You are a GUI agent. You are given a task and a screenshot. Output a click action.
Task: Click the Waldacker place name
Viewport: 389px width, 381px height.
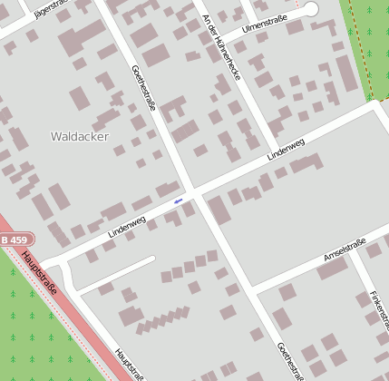point(80,136)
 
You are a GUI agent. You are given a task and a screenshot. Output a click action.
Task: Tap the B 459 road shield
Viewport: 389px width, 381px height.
point(14,239)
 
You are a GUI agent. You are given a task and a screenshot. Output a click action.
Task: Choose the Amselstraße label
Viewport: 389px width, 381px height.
point(345,250)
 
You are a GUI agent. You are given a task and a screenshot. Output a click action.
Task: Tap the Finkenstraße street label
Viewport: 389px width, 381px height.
point(379,308)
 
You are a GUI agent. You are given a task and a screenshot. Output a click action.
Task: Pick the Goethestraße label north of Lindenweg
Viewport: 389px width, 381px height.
point(144,87)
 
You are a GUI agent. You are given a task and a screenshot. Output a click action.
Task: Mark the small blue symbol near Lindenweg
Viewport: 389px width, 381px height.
point(178,200)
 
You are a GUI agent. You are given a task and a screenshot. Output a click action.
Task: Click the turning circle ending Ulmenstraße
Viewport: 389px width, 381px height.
point(311,8)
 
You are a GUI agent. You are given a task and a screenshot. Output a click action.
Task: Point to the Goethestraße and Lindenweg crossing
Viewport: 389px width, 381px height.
point(191,193)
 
